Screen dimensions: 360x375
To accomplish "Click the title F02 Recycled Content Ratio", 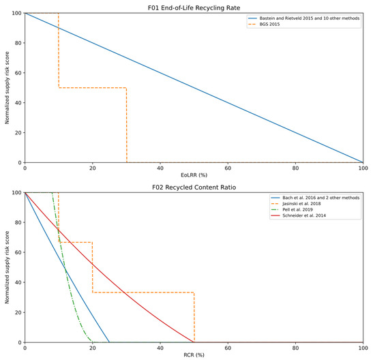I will click(194, 186).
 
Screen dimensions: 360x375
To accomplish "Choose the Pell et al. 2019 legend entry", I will click(295, 210).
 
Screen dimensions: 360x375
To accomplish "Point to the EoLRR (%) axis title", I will click(194, 175).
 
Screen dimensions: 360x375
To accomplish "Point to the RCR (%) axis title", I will click(194, 355).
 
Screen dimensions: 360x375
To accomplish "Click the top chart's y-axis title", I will click(6, 88).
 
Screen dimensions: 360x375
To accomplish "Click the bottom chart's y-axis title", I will click(6, 267).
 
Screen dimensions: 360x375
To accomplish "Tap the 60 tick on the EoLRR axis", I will click(228, 168).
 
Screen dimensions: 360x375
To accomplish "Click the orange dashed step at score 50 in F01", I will click(92, 87).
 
